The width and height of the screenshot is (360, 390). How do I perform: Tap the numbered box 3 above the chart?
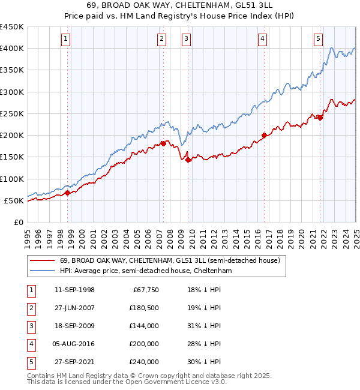(186, 40)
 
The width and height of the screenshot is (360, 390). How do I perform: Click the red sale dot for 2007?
(163, 143)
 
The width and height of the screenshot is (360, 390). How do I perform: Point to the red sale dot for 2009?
(188, 160)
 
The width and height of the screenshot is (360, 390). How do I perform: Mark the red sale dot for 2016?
(264, 135)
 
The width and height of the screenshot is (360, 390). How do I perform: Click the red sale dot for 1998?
(67, 193)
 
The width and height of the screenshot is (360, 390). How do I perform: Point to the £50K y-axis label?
(14, 200)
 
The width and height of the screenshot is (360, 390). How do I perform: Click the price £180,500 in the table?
(144, 308)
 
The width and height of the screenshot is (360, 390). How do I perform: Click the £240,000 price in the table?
(144, 362)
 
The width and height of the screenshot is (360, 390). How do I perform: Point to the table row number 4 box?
(31, 344)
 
